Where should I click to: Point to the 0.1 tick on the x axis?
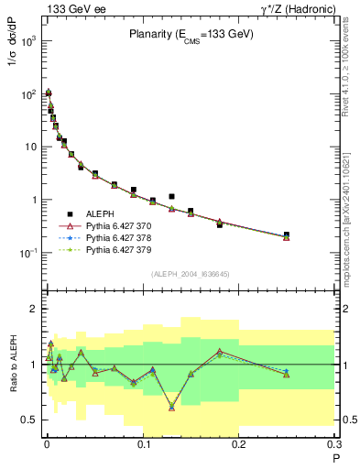(x=142, y=444)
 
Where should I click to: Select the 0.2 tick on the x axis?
(x=238, y=444)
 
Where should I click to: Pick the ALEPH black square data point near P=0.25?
(x=287, y=234)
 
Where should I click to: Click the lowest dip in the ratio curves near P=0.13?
(x=171, y=408)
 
